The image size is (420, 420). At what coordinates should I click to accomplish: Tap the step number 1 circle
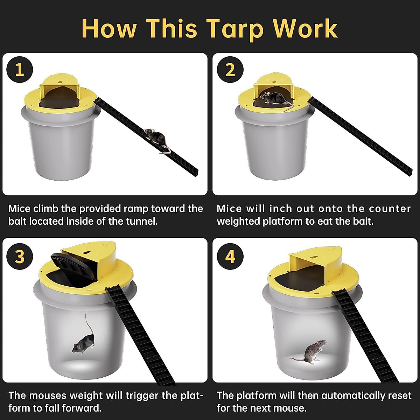click(x=20, y=70)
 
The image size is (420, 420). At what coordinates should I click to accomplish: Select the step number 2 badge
click(x=230, y=70)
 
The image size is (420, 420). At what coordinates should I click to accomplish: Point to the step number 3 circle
click(x=20, y=256)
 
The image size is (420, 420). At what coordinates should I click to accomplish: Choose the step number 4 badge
click(x=230, y=256)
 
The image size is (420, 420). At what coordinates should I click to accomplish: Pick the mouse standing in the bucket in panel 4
click(x=311, y=352)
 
